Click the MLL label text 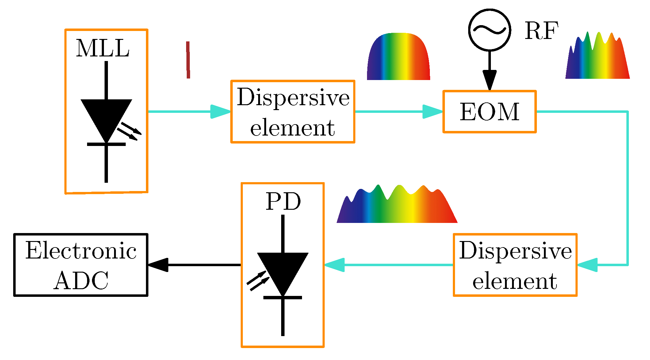pos(102,48)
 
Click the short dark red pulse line pos(188,60)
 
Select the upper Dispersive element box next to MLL pos(293,112)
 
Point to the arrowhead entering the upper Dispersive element pos(220,112)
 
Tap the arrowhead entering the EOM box pos(432,112)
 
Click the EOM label pos(490,112)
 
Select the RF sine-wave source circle pos(490,30)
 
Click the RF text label pos(541,31)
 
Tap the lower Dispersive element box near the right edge pos(515,265)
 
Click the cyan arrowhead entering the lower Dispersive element pos(587,265)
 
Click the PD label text pos(283,201)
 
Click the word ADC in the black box pos(81,281)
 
